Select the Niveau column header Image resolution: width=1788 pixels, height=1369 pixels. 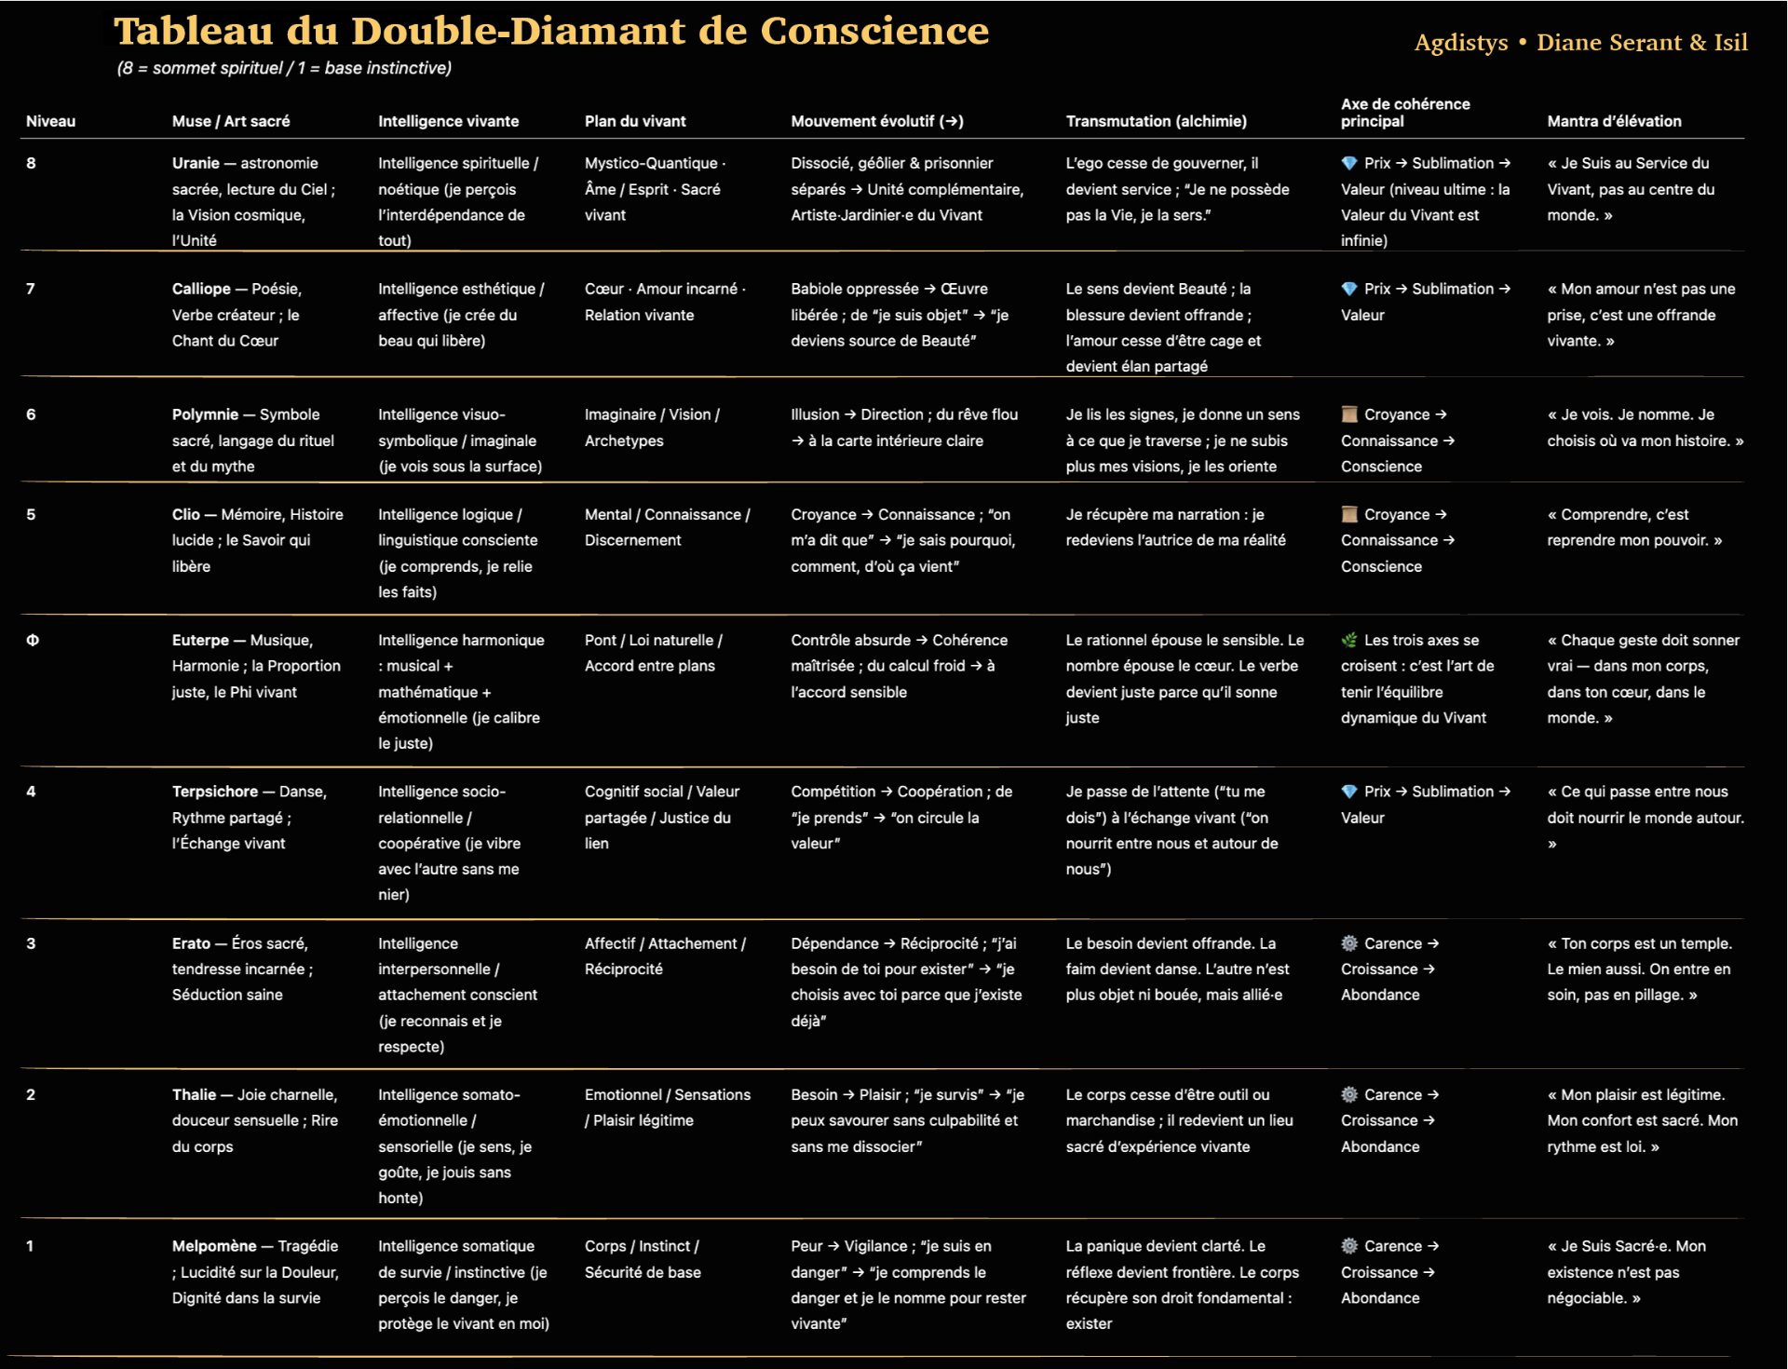50,121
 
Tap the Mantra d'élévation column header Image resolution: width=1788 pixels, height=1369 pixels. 1614,121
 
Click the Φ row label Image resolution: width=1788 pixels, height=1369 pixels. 33,641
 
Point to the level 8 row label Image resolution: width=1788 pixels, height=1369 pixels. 32,163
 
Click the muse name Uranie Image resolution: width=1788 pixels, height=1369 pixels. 196,163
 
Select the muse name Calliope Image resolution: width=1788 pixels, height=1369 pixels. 201,289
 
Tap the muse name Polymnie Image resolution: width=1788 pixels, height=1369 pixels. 205,414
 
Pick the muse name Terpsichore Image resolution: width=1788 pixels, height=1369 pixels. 215,792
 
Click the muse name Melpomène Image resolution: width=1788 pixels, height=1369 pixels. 214,1246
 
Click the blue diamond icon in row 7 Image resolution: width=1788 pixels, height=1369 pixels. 1349,289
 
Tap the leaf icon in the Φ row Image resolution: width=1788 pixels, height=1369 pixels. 1349,641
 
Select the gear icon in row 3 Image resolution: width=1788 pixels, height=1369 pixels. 1349,943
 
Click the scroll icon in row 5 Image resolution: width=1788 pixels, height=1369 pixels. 1349,514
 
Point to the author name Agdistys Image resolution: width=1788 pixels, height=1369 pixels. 1460,43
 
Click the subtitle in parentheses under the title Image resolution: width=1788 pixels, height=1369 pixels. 284,68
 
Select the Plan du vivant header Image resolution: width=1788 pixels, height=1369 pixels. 635,121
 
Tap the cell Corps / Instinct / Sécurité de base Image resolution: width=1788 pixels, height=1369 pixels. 643,1259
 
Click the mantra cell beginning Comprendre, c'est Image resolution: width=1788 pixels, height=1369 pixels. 1634,527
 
